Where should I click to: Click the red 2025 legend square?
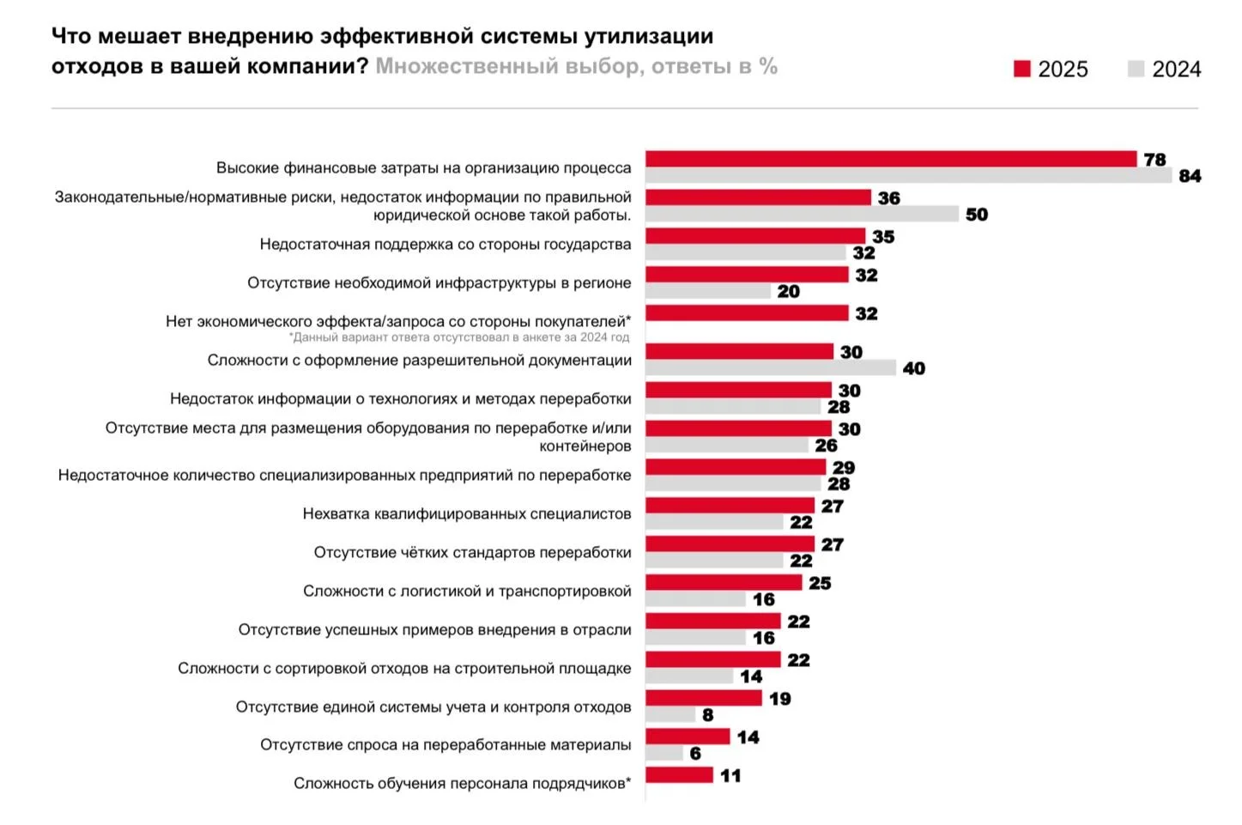point(1021,69)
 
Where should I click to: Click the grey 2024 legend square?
point(1136,69)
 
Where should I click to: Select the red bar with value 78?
point(891,159)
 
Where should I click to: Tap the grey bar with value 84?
point(908,175)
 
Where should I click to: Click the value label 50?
point(976,215)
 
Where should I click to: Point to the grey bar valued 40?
point(770,368)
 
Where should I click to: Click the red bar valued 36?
point(758,197)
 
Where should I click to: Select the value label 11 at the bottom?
point(730,776)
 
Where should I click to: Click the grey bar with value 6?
point(664,753)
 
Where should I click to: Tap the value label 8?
point(707,715)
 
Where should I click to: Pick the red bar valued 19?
point(703,698)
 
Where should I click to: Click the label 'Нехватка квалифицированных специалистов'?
point(466,514)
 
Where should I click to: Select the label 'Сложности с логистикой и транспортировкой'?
point(466,591)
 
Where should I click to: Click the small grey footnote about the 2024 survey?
point(459,337)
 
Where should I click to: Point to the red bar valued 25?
point(724,583)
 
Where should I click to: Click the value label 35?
point(883,237)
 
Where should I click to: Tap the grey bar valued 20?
point(708,291)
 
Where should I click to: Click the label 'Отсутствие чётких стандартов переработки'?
point(472,553)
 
